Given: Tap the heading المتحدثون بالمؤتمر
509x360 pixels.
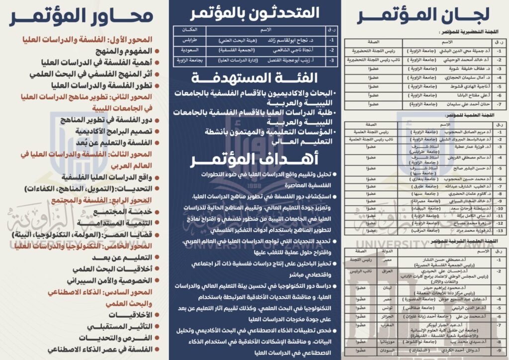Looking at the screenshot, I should (x=255, y=12).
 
